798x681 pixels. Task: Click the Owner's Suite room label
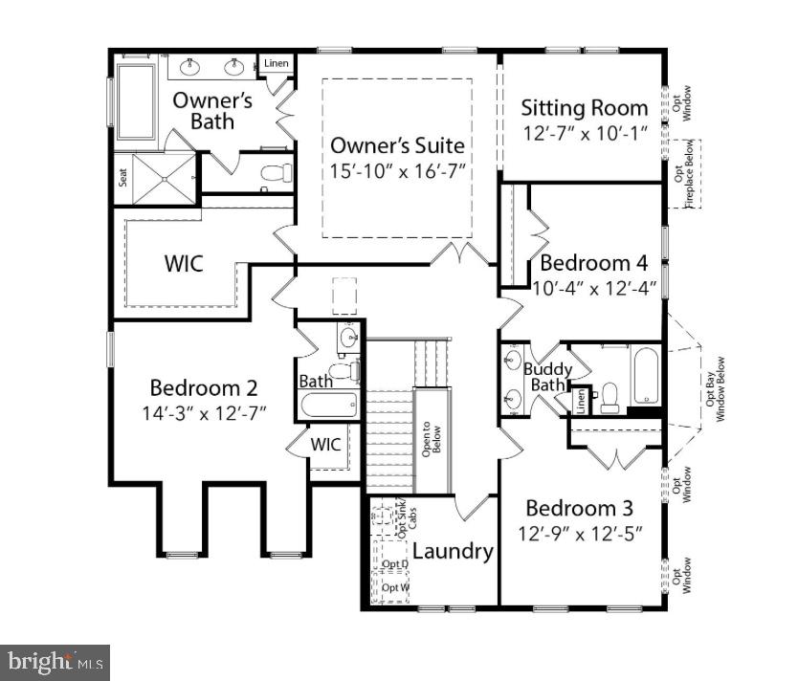click(x=397, y=145)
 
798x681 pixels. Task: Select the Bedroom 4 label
click(x=594, y=262)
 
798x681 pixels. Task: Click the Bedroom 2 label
click(x=203, y=387)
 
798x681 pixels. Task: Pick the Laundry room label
click(x=453, y=551)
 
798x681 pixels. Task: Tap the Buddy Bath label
click(x=547, y=377)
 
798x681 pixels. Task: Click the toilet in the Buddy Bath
click(x=610, y=396)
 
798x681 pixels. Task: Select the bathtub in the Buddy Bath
click(x=645, y=377)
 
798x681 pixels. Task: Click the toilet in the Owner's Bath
click(x=277, y=173)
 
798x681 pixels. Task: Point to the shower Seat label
click(x=122, y=178)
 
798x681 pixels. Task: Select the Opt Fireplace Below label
click(x=683, y=173)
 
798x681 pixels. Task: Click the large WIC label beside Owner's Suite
click(x=184, y=263)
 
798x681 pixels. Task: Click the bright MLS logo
click(x=55, y=661)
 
